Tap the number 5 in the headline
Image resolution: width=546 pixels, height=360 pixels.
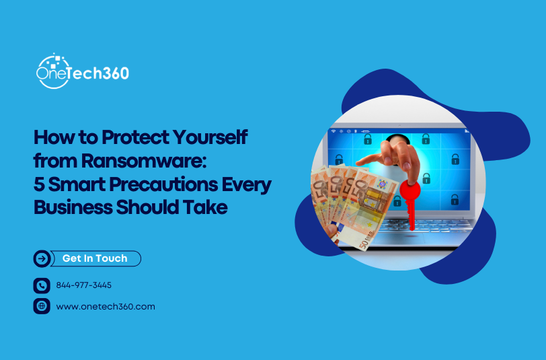(x=39, y=185)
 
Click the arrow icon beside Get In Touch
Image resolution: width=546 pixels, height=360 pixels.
(x=42, y=258)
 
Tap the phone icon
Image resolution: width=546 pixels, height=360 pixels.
(x=42, y=285)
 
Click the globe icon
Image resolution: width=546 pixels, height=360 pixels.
(x=42, y=306)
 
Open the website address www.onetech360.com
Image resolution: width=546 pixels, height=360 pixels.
(x=106, y=306)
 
